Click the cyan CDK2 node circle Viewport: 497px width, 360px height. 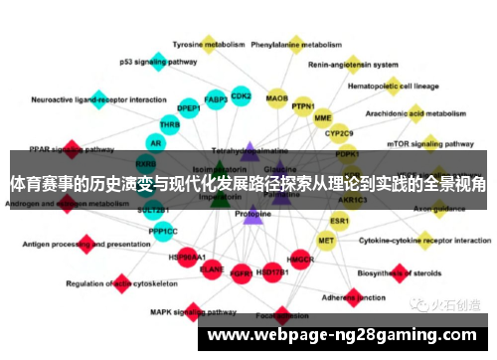(x=242, y=96)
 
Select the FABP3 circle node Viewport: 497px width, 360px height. (x=216, y=98)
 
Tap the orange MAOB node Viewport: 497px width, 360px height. (x=277, y=98)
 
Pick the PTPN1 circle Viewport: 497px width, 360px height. (x=303, y=106)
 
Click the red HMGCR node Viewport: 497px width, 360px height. (x=299, y=260)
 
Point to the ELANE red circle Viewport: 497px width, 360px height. (x=212, y=268)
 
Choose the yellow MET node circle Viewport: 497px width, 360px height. (x=326, y=240)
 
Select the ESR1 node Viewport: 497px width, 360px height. (x=340, y=220)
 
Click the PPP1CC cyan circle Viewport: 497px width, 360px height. (x=163, y=231)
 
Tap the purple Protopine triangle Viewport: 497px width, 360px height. (x=252, y=213)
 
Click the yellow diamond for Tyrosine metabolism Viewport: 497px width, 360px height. (x=209, y=45)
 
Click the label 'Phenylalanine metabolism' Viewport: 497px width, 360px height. (x=296, y=45)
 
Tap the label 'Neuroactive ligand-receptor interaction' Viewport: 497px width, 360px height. (x=98, y=100)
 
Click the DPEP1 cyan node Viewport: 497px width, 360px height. (x=189, y=107)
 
